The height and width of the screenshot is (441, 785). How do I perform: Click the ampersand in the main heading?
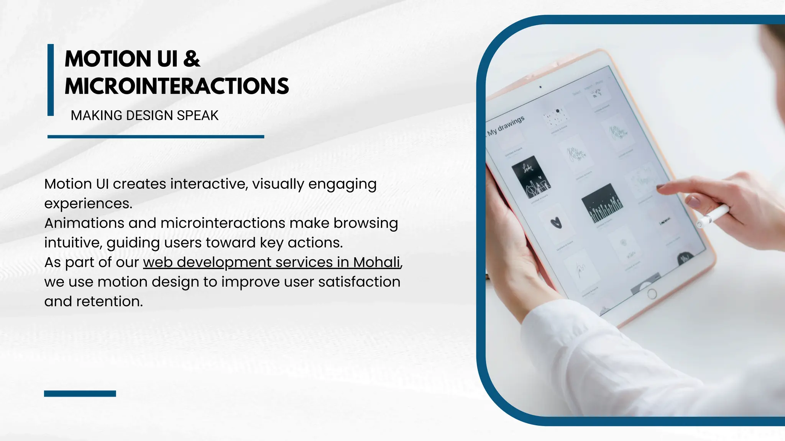[x=192, y=59]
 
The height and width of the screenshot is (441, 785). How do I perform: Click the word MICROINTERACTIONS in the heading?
[x=177, y=86]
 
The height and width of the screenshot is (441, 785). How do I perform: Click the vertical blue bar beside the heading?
[x=51, y=80]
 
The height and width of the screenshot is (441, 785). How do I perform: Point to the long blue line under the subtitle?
[x=156, y=137]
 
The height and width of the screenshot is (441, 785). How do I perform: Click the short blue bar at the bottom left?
[x=80, y=394]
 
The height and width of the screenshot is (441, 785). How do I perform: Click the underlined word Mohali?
[x=376, y=262]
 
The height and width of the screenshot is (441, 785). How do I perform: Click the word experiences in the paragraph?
[x=88, y=204]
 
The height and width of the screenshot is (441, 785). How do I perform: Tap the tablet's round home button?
[x=652, y=294]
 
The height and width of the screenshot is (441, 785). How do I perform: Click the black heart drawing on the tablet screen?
[x=556, y=223]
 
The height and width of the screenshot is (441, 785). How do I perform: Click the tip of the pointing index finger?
[x=660, y=187]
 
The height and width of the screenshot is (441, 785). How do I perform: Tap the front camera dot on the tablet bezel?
[x=540, y=87]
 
